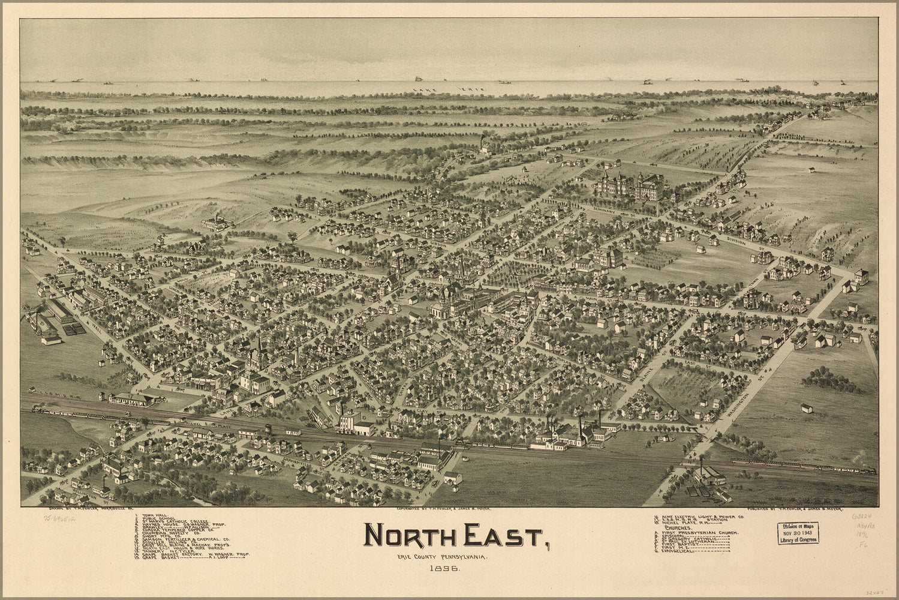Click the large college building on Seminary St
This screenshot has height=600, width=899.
[630, 187]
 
